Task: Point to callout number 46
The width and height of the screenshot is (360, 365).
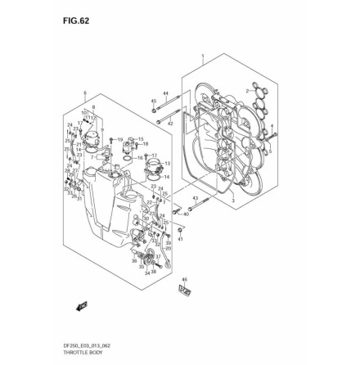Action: click(184, 279)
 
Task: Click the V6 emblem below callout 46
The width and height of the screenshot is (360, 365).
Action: click(183, 290)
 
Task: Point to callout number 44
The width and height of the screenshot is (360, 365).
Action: click(165, 94)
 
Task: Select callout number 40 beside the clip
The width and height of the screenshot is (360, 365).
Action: click(186, 214)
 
